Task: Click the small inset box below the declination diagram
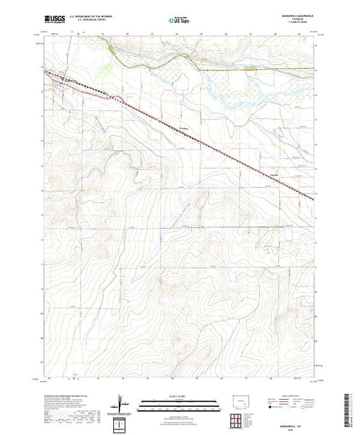(122, 423)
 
